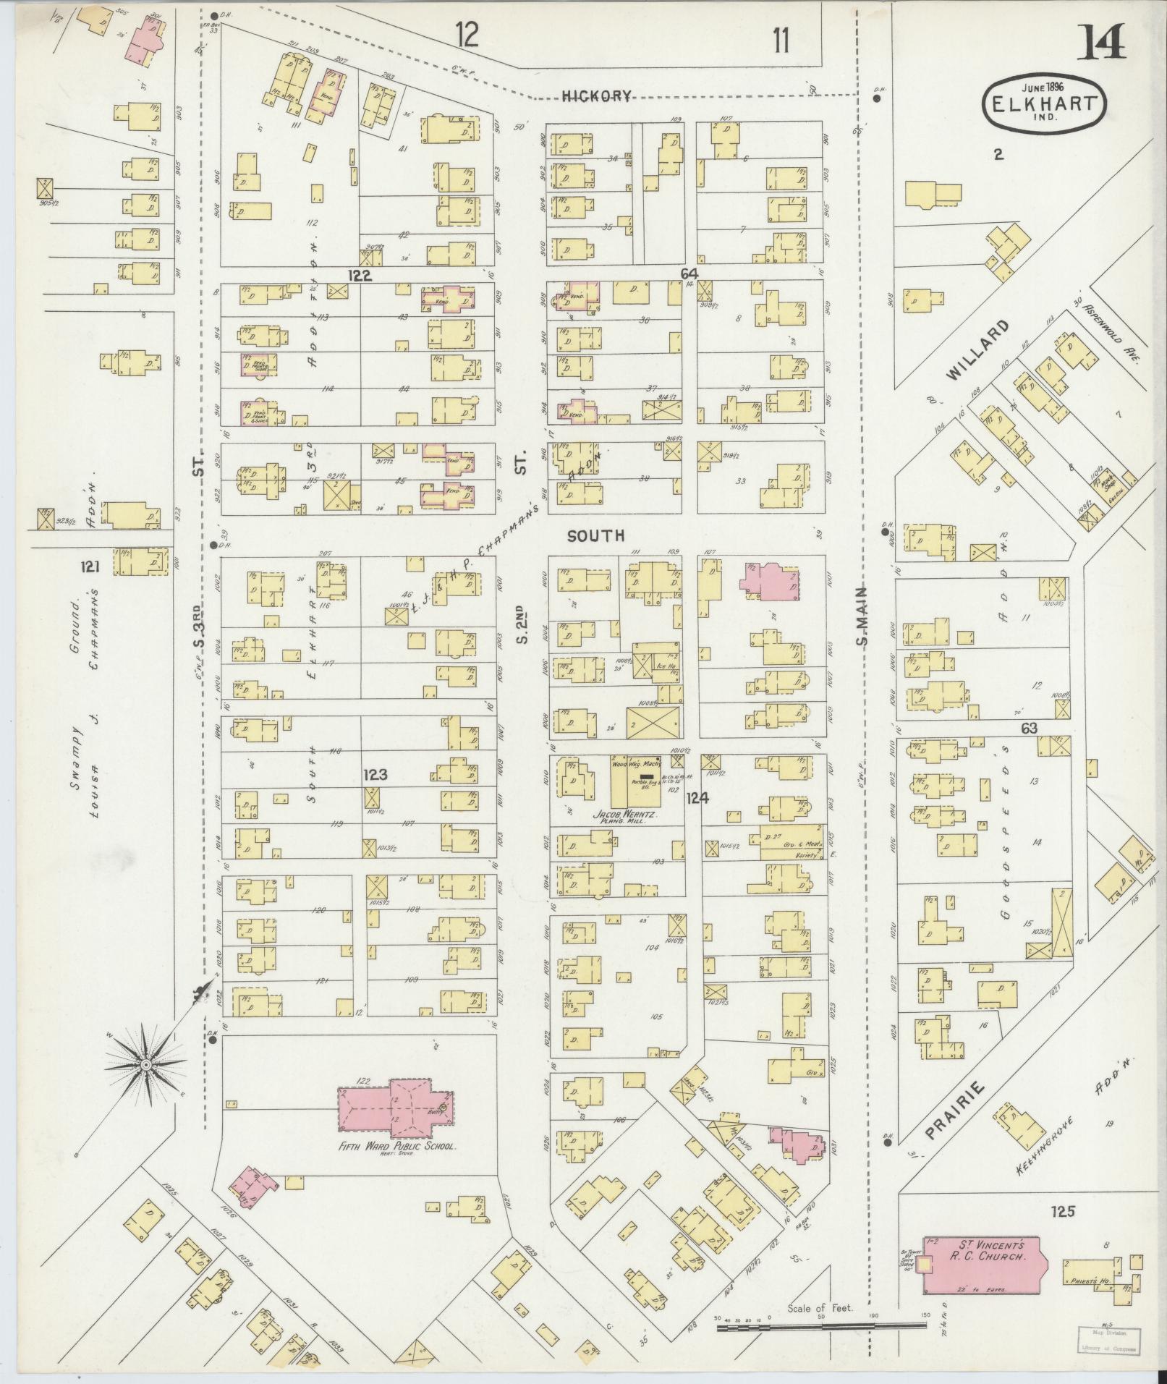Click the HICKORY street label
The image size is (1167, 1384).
[x=597, y=95]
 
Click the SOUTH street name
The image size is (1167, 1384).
[x=595, y=535]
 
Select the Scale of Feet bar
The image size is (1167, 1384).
[x=821, y=1326]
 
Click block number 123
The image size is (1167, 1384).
[x=375, y=775]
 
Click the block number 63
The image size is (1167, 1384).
[x=1028, y=729]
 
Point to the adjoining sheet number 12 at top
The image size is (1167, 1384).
[x=467, y=35]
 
